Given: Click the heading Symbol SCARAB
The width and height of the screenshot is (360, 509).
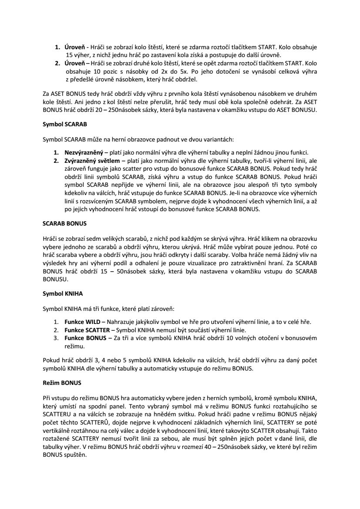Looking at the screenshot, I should pos(65,124).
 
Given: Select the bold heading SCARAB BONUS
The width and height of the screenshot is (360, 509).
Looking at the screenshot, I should pos(65,223).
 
